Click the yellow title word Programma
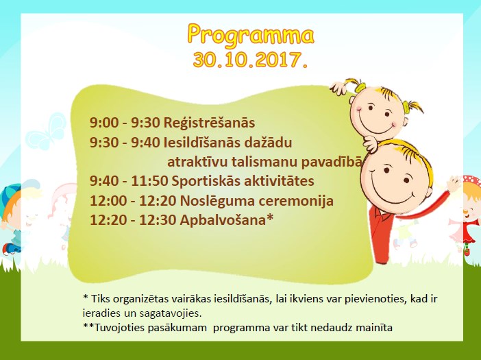(x=251, y=35)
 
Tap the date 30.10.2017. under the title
(x=250, y=60)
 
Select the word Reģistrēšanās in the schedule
(x=209, y=123)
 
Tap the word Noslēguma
(x=217, y=201)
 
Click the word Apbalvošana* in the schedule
(x=226, y=220)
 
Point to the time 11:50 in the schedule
(x=149, y=181)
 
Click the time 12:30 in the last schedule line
(x=158, y=220)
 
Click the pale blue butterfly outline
(x=47, y=132)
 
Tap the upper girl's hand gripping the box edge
(x=340, y=88)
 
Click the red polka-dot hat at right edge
(x=472, y=182)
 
